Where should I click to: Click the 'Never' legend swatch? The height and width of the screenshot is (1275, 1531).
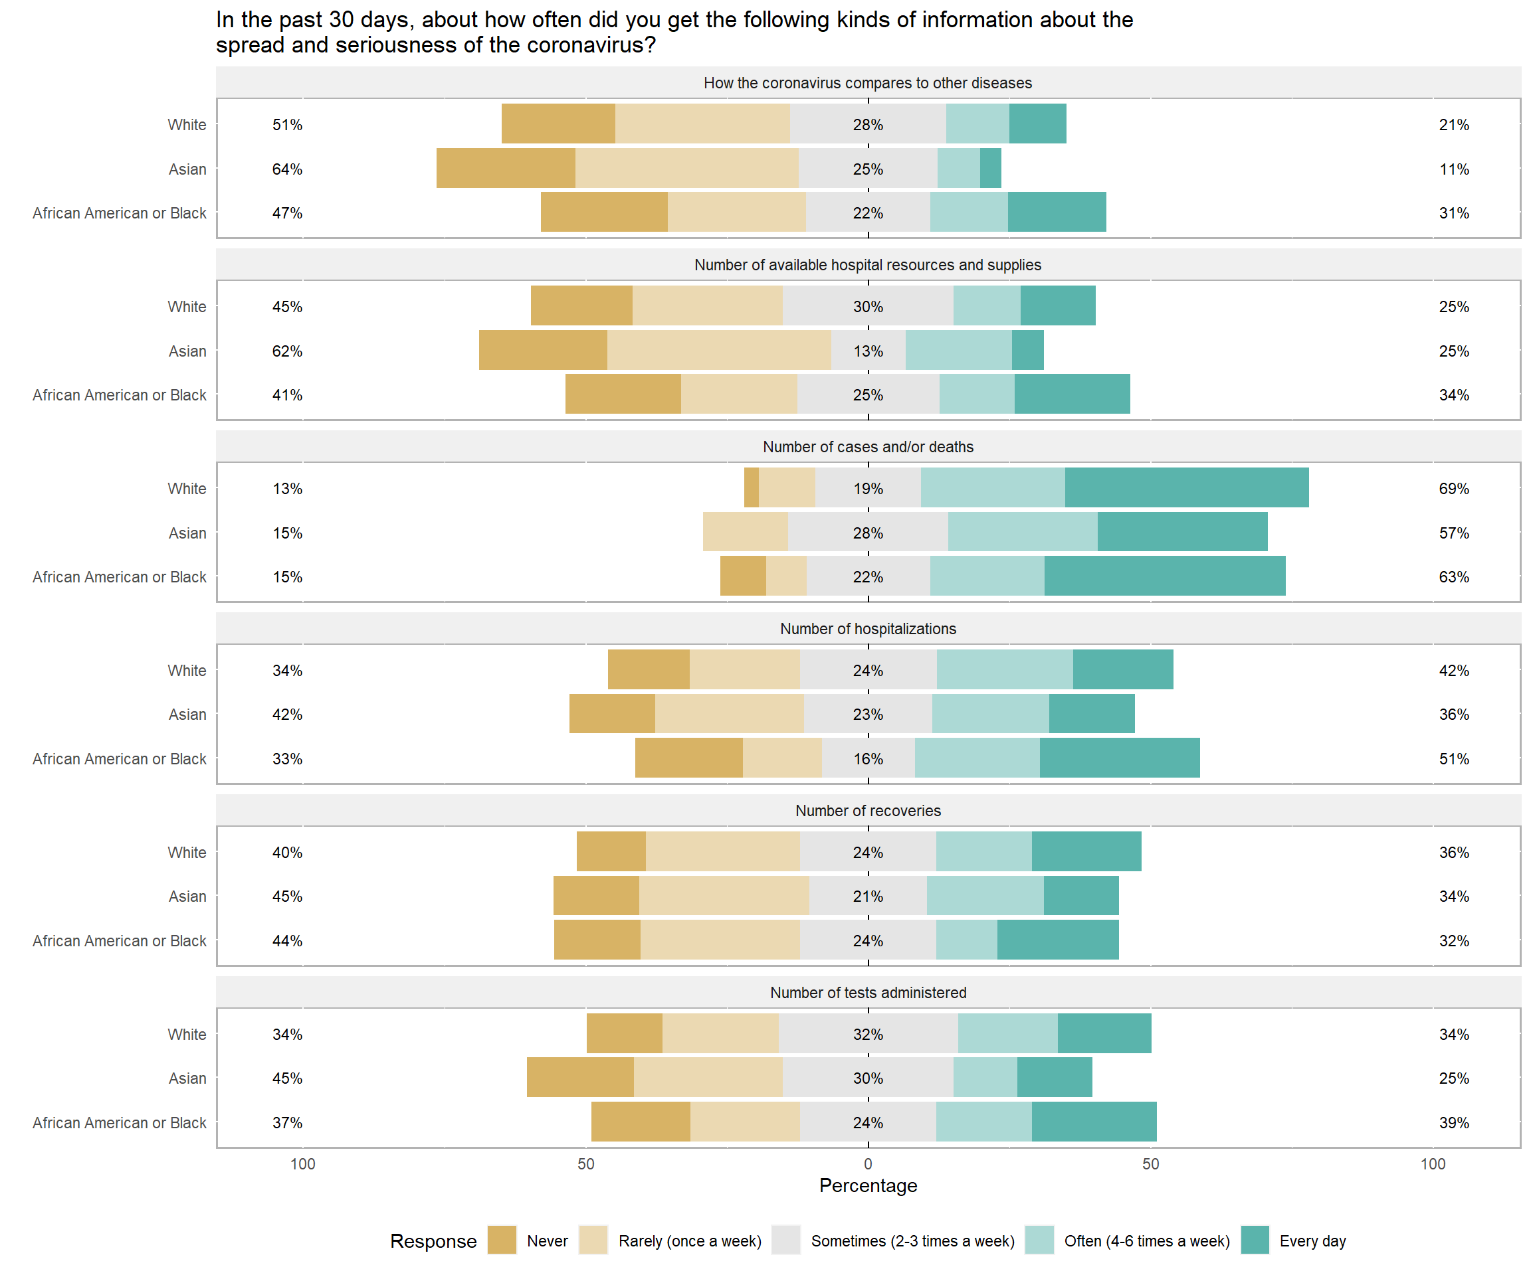502,1240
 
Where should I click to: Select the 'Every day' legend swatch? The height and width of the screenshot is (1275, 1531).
1255,1240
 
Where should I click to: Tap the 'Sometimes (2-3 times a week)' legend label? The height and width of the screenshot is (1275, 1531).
913,1240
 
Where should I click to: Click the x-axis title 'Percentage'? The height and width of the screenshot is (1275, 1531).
868,1185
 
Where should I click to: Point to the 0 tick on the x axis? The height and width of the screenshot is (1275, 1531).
868,1163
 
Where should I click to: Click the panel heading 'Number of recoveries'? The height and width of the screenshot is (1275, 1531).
868,810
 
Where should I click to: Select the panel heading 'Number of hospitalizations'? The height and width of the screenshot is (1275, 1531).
868,629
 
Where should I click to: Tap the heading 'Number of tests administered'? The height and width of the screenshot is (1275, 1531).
868,992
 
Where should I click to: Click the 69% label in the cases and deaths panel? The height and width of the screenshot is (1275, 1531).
1454,489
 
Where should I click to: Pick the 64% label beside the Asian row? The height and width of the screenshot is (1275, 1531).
287,169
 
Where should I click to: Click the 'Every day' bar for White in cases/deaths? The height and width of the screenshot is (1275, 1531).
1186,487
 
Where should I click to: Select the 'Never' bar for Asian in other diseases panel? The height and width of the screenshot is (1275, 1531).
506,168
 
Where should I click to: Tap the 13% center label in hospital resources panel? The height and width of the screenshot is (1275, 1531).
868,351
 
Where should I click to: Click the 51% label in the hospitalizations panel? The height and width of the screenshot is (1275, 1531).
1454,758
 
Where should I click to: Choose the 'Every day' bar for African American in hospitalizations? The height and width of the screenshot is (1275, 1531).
1119,758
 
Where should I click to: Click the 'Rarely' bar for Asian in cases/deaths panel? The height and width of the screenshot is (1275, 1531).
745,532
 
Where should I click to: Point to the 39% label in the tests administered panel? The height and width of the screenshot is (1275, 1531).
1454,1123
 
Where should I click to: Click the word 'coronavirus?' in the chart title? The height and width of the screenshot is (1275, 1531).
591,45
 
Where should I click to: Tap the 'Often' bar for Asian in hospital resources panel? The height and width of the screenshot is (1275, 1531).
958,351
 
